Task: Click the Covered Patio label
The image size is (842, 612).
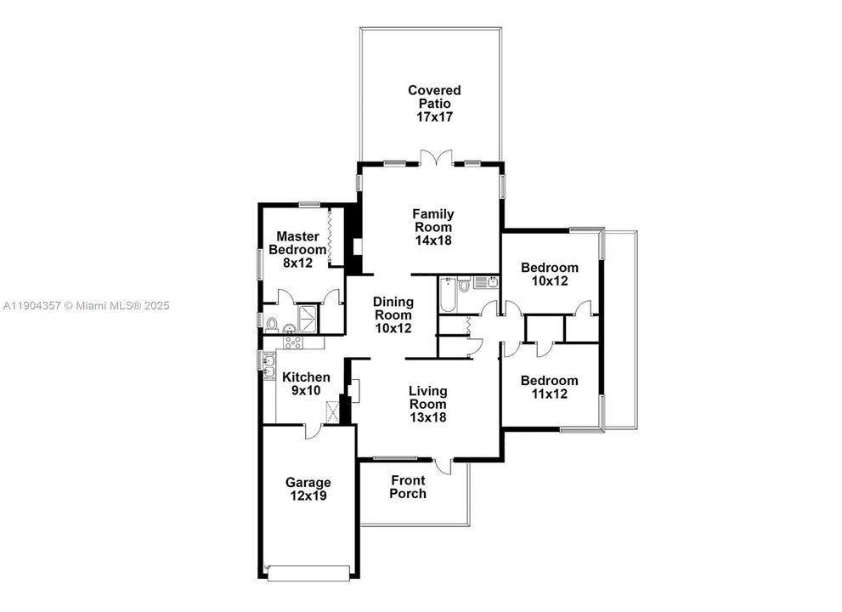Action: [433, 103]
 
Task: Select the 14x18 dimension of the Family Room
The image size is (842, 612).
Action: [432, 241]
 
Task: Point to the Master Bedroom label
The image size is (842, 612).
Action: [297, 243]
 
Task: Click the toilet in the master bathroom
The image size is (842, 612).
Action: [272, 323]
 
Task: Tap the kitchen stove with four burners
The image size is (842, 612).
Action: [293, 343]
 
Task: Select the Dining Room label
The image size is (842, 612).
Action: [393, 314]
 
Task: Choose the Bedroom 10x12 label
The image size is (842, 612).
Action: [549, 274]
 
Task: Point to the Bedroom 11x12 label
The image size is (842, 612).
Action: [549, 387]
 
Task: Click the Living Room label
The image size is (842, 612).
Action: [427, 404]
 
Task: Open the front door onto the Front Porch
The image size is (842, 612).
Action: [442, 466]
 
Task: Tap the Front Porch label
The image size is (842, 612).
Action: [408, 487]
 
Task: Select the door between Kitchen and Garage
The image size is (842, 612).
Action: [313, 430]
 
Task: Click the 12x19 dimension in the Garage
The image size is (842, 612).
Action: [308, 496]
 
